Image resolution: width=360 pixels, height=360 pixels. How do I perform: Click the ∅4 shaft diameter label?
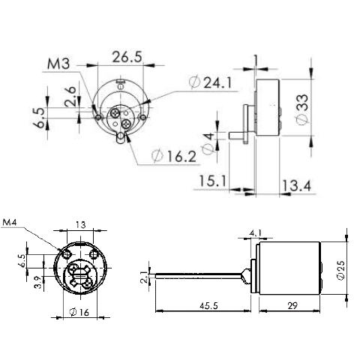click(209, 140)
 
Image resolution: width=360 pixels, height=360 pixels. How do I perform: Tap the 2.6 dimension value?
click(68, 97)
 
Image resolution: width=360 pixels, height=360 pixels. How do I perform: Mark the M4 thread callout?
click(13, 223)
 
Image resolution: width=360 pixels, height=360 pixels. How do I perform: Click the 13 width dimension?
click(80, 223)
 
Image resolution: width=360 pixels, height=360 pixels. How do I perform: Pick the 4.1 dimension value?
click(255, 233)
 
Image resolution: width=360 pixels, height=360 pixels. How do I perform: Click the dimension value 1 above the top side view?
click(256, 58)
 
